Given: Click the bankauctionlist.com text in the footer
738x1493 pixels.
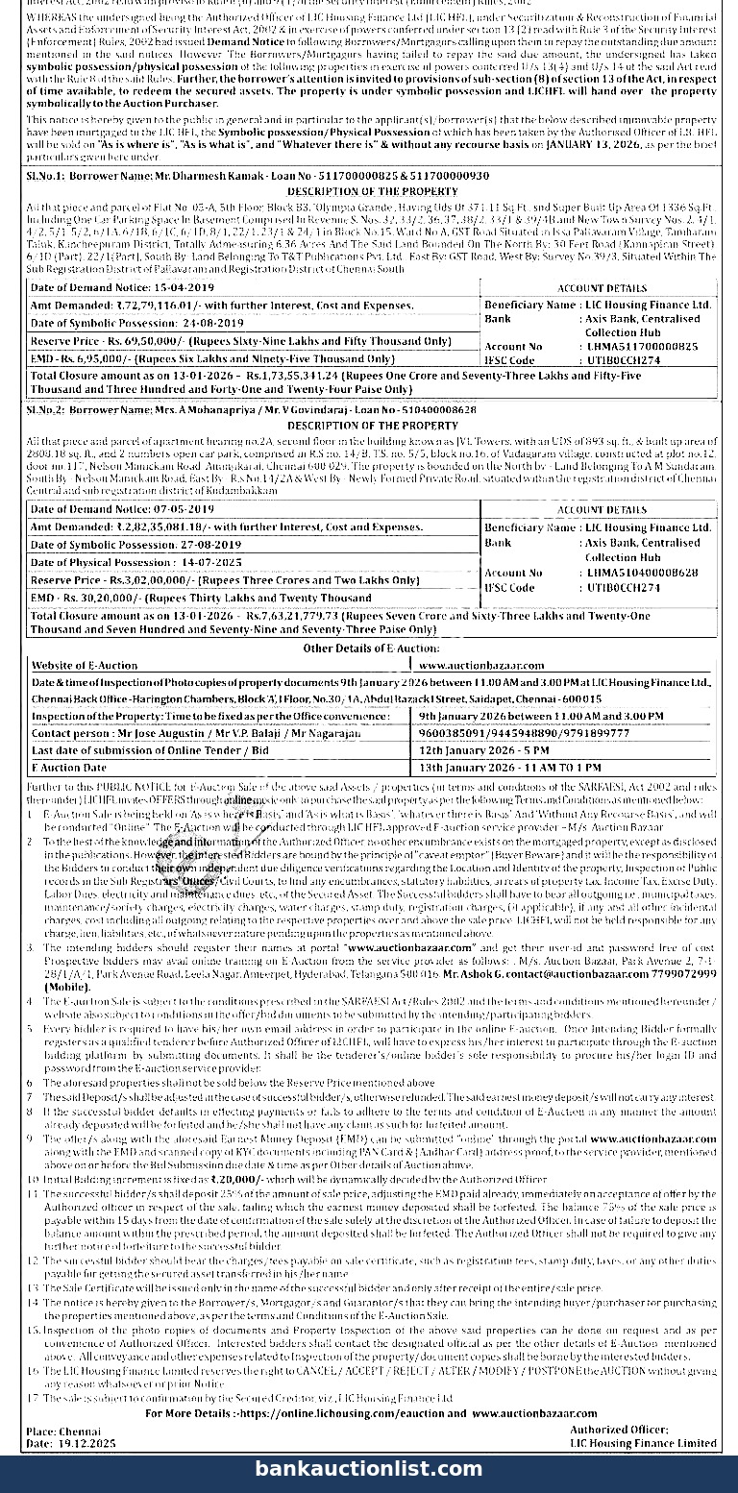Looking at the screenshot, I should pos(369,1468).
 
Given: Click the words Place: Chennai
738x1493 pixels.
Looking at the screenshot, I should pos(59,1431).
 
